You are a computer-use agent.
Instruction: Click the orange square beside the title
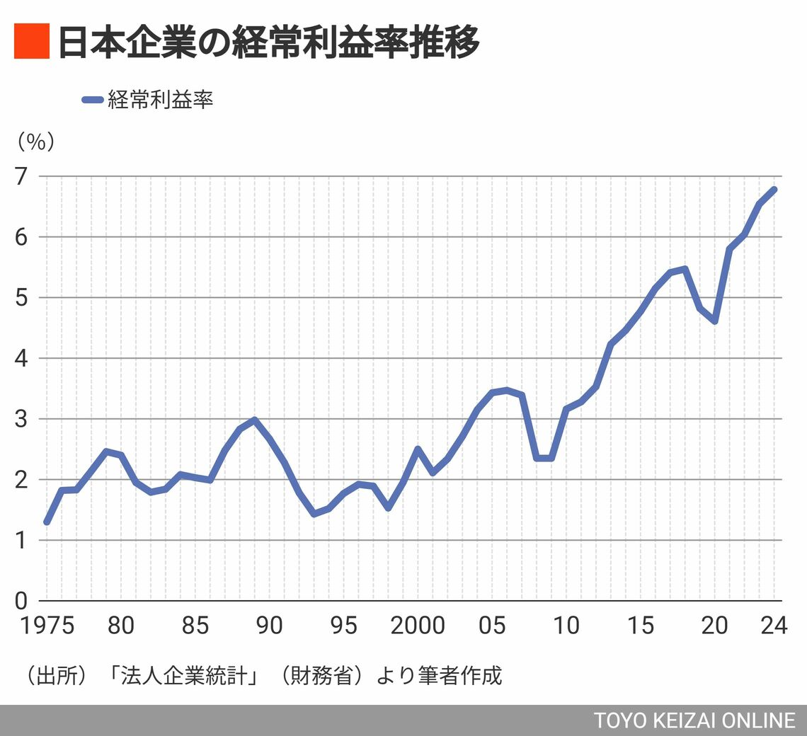coord(31,42)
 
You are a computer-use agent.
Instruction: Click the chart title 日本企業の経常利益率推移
coord(268,42)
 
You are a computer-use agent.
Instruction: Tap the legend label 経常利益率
coord(160,100)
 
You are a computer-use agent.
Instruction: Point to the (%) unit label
coord(35,142)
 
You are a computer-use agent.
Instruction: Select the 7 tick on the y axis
coord(22,176)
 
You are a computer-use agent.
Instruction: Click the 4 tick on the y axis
coord(22,358)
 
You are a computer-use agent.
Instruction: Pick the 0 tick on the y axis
coord(22,601)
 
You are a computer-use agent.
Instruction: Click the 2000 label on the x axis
coord(417,626)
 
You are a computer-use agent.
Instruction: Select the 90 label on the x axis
coord(269,626)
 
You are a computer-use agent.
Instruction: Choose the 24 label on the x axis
coord(773,626)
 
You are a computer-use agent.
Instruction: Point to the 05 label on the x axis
coord(491,626)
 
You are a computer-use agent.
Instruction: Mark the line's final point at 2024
coord(774,190)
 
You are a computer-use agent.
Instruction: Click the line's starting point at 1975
coord(47,522)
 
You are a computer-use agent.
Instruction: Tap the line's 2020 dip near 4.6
coord(715,321)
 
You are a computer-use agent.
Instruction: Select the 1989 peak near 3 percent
coord(254,420)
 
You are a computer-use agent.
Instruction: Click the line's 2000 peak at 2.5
coord(418,449)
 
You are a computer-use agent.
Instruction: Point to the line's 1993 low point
coord(314,514)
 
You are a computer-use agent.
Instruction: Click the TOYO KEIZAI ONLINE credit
coord(694,720)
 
